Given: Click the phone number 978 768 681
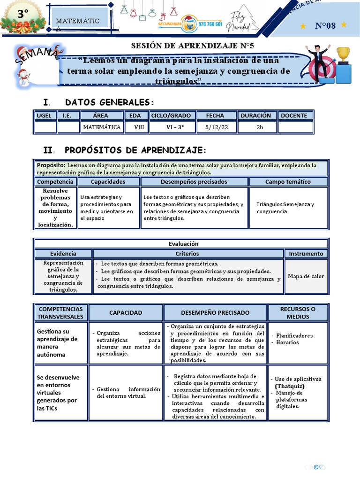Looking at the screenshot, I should (210, 24).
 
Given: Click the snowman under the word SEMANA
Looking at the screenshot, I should (24, 78).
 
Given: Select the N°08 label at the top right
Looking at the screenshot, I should (325, 25).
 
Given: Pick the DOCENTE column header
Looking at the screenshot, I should (296, 115).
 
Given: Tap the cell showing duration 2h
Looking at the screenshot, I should (257, 127).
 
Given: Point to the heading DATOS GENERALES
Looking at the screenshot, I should (109, 102).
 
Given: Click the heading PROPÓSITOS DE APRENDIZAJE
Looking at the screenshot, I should (135, 150).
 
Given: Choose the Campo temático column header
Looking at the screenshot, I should (288, 181).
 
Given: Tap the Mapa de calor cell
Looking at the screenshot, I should (306, 276).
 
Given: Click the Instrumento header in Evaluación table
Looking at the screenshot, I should (306, 253).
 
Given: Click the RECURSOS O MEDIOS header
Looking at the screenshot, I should (298, 312).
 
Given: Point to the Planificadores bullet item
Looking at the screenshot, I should (294, 335).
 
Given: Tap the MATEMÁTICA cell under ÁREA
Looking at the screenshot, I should (102, 127).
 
